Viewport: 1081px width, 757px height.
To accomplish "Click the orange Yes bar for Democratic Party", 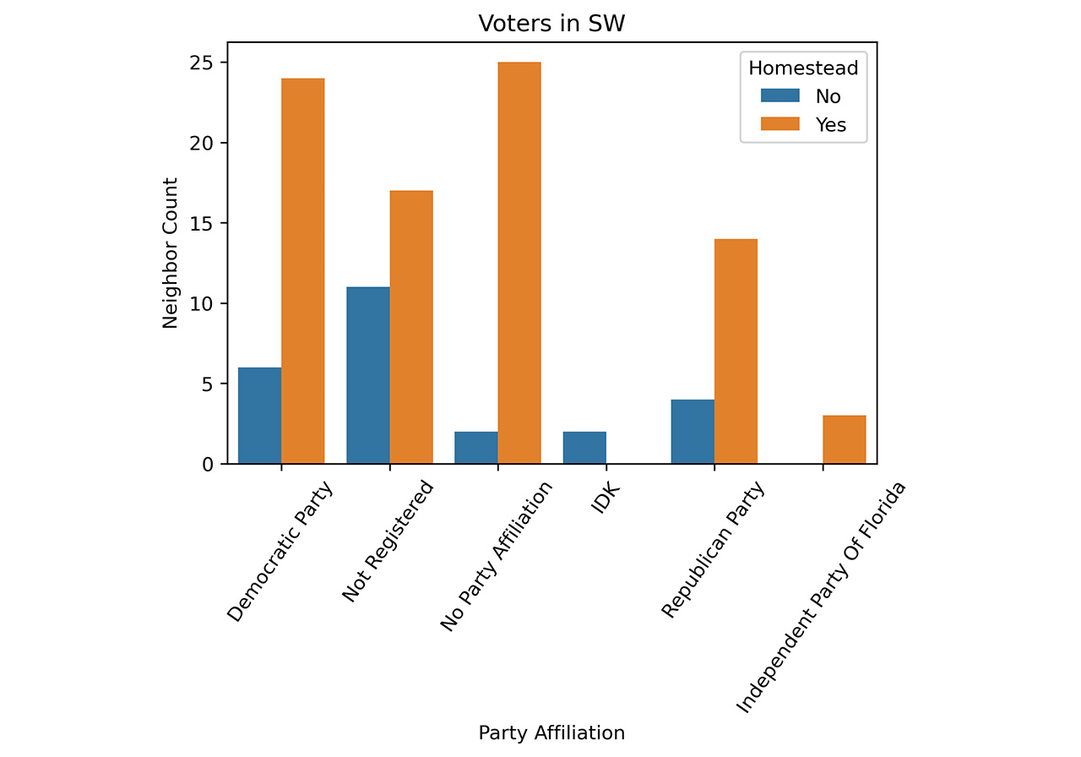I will click(x=303, y=271).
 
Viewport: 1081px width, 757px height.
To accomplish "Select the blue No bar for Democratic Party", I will click(x=260, y=416).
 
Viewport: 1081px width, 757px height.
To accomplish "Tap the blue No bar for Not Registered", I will click(x=368, y=375).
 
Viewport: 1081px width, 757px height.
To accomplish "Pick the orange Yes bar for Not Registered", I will click(x=411, y=327).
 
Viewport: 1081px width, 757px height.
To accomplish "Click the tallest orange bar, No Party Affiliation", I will click(x=519, y=263).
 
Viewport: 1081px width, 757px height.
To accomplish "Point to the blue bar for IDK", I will click(x=584, y=448).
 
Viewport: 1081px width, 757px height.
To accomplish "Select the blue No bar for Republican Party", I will click(x=693, y=432).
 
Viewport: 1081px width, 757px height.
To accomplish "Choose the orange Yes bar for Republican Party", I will click(x=736, y=351).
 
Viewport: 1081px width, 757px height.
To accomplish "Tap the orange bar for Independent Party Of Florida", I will click(x=844, y=439).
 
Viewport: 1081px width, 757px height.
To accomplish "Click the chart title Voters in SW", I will click(x=551, y=24).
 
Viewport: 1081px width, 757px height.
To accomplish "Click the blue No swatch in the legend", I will click(x=778, y=96).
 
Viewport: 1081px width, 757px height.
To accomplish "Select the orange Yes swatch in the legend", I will click(x=778, y=125).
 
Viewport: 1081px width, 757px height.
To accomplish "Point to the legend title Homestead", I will click(x=803, y=68).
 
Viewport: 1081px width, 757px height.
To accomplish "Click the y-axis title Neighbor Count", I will click(x=170, y=253).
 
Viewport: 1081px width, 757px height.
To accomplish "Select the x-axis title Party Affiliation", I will click(x=551, y=732).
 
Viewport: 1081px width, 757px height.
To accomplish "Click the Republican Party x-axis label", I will click(x=713, y=550).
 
